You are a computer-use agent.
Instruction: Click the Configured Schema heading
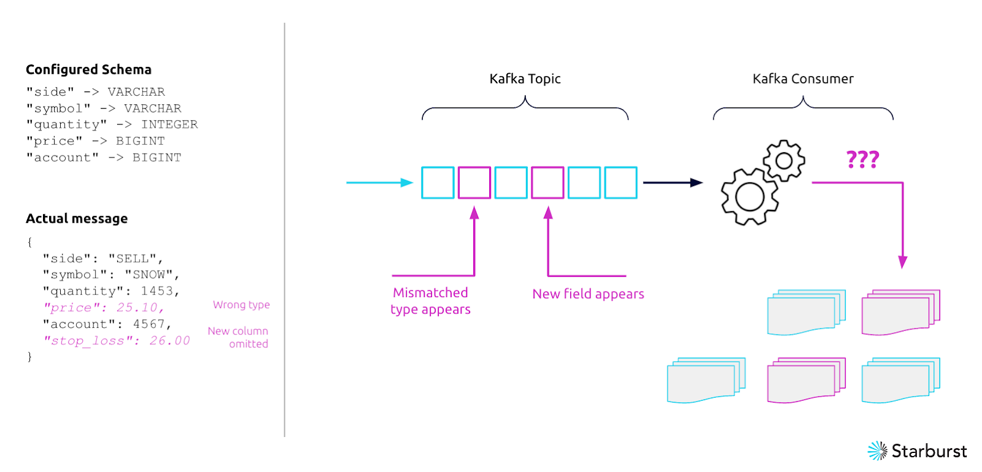[88, 69]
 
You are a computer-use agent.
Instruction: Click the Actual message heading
[77, 219]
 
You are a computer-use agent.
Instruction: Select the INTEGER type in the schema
[169, 125]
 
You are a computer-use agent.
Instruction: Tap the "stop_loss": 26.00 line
[117, 341]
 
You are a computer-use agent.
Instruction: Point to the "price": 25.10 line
[103, 308]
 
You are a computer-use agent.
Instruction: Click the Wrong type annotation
[241, 304]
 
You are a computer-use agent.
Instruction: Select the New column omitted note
[238, 337]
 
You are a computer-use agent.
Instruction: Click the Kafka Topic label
[525, 79]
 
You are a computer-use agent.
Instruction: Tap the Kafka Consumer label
[803, 79]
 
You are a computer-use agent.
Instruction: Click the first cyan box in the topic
[438, 182]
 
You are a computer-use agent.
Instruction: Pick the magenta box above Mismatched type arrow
[474, 182]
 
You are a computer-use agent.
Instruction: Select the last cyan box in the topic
[621, 182]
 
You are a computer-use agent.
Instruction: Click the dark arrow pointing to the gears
[671, 182]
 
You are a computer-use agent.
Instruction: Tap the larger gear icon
[749, 197]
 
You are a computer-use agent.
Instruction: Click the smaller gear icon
[784, 161]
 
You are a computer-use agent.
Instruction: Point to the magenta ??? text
[862, 160]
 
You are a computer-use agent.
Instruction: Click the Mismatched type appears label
[430, 301]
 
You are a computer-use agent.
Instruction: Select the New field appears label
[588, 294]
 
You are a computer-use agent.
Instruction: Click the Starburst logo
[917, 451]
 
